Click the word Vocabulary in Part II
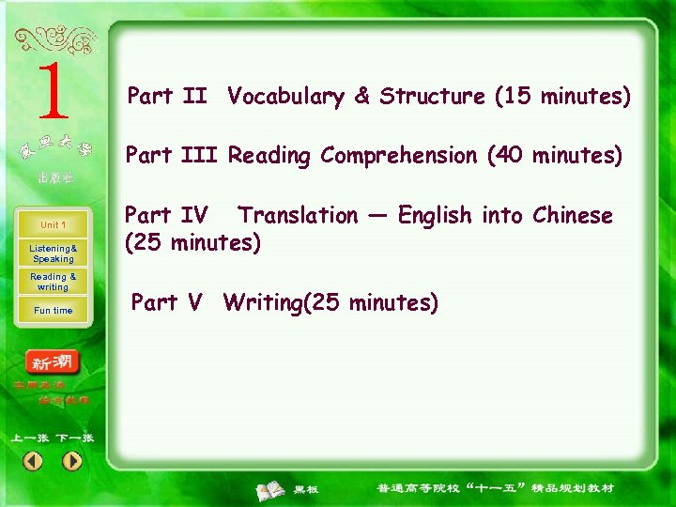285,97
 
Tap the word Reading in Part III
269,156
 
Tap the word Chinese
572,216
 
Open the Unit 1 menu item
53,225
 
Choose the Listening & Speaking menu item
53,253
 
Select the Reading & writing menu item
53,282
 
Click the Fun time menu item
53,311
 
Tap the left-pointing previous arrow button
33,461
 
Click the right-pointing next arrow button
72,461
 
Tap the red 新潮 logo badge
54,361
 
